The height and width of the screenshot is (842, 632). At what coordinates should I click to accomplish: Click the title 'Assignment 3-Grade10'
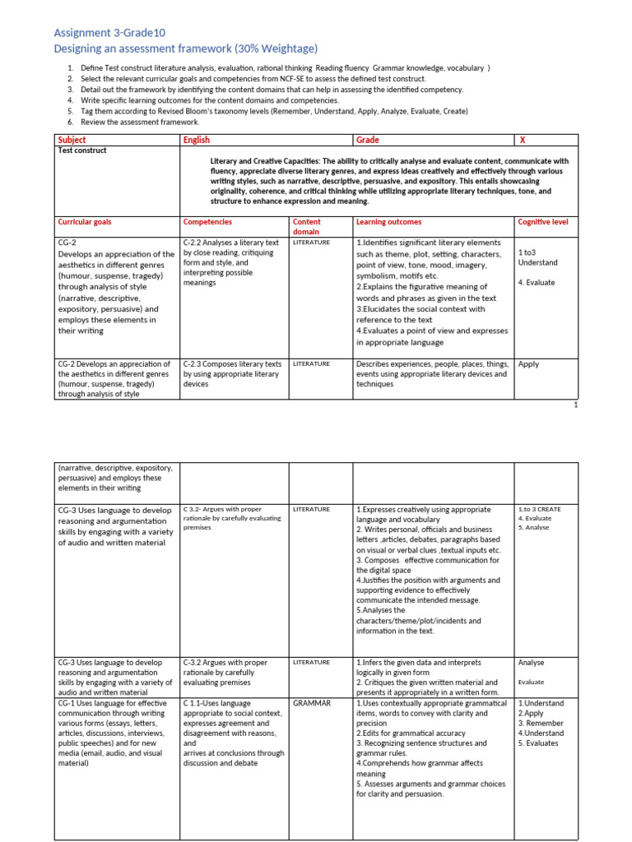pyautogui.click(x=109, y=33)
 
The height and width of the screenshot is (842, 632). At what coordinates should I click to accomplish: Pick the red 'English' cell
pyautogui.click(x=197, y=140)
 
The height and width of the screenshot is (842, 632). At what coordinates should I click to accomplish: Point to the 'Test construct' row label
pyautogui.click(x=82, y=151)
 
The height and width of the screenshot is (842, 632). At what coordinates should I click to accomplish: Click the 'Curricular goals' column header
pyautogui.click(x=85, y=222)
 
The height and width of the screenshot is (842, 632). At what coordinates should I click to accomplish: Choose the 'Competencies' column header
pyautogui.click(x=207, y=222)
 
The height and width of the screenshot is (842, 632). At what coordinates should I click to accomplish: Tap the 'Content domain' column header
pyautogui.click(x=307, y=227)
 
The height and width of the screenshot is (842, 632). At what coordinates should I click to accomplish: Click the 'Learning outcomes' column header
pyautogui.click(x=389, y=222)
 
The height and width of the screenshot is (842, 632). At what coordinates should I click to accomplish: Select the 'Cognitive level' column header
pyautogui.click(x=543, y=222)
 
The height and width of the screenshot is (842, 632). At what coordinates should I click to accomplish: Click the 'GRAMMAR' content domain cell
pyautogui.click(x=312, y=703)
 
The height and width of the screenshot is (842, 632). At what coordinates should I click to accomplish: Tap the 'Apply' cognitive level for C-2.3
pyautogui.click(x=529, y=363)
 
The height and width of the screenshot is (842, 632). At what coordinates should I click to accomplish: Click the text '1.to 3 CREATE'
pyautogui.click(x=540, y=509)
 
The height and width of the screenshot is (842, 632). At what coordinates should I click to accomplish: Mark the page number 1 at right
pyautogui.click(x=575, y=405)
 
